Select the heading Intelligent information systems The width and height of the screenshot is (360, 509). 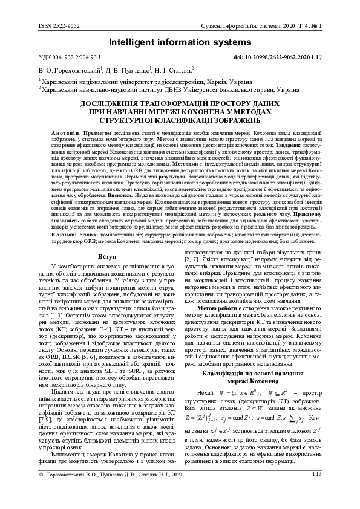(180, 42)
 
